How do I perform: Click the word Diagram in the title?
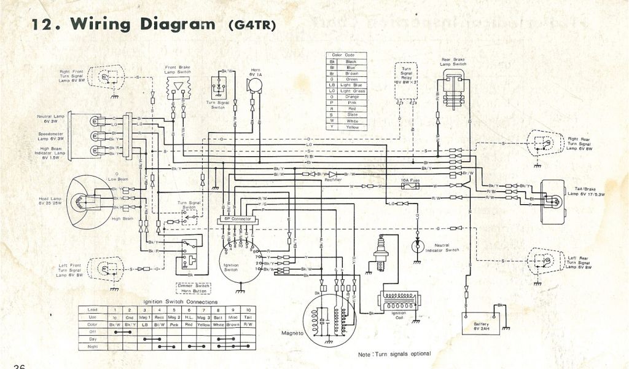click(x=173, y=24)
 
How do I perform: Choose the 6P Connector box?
click(x=235, y=219)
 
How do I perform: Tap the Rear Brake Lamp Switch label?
click(x=453, y=61)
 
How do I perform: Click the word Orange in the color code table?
click(x=351, y=97)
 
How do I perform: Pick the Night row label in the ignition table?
click(x=93, y=346)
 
